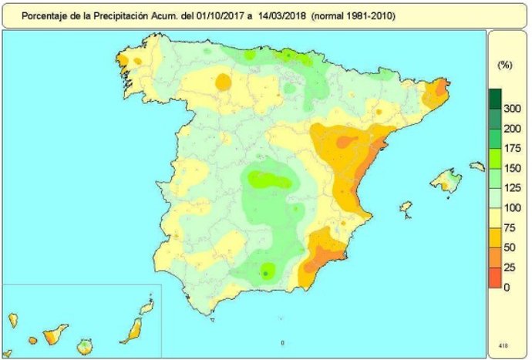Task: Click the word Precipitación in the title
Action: coord(116,15)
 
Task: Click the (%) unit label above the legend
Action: coord(506,66)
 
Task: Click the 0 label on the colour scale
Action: coord(507,288)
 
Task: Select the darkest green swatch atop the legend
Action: coord(494,99)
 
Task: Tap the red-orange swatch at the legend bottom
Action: coord(494,278)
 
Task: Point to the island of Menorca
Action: coord(477,165)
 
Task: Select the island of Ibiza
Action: coord(406,207)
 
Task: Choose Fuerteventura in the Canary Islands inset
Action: coord(133,328)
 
